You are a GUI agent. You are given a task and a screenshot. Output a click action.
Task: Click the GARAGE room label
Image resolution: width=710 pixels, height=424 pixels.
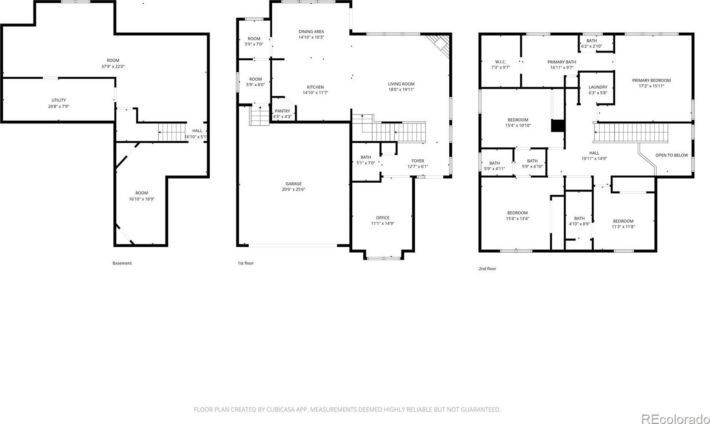tap(293, 184)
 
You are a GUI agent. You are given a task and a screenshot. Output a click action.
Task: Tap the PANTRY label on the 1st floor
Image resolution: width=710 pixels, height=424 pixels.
tap(282, 111)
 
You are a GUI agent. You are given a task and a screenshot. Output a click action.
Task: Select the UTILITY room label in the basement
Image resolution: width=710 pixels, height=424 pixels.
tap(59, 100)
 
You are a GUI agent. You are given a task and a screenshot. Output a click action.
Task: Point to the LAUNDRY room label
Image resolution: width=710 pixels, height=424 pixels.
tap(598, 87)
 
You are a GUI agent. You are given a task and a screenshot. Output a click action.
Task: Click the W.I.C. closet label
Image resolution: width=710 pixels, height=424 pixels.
tap(500, 62)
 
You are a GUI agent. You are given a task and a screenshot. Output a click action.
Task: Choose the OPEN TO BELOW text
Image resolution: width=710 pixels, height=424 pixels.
tap(672, 155)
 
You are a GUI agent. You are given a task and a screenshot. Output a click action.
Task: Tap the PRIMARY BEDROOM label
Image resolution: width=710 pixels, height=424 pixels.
tap(651, 81)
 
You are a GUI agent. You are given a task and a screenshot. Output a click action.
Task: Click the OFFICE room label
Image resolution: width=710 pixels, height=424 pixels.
tap(383, 218)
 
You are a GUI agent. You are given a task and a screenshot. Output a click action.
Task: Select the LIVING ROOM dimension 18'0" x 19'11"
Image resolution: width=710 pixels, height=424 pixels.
tap(401, 89)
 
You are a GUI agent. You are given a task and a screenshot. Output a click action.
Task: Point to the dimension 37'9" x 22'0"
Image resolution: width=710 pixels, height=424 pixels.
tap(113, 66)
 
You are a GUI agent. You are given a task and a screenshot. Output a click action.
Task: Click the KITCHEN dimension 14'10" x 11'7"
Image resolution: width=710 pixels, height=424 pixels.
tap(315, 93)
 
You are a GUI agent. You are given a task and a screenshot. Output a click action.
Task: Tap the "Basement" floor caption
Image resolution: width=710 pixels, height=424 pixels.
tap(122, 263)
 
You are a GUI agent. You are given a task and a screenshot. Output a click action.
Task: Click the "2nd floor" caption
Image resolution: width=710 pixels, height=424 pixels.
tap(487, 269)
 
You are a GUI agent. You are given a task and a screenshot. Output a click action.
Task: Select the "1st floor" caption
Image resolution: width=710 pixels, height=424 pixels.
tap(246, 263)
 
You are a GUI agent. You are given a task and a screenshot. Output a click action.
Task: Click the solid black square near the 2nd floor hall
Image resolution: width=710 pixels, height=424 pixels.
tap(558, 126)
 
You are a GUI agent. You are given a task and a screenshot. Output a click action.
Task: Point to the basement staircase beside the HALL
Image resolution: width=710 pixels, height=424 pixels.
tap(172, 132)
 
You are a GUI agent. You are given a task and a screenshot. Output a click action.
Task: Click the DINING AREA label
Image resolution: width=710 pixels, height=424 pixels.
tap(311, 32)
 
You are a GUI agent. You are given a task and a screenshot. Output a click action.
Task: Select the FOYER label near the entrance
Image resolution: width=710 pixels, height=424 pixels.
tap(418, 161)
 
